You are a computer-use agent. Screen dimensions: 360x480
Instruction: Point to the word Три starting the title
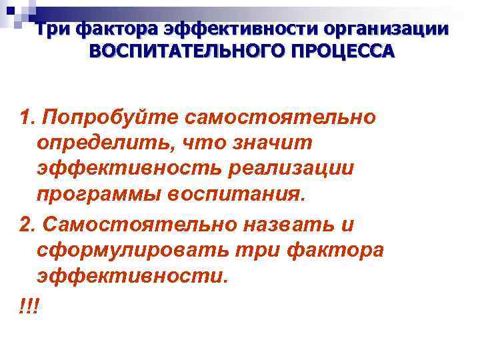point(53,30)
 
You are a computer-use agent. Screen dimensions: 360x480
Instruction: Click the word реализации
point(299,169)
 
